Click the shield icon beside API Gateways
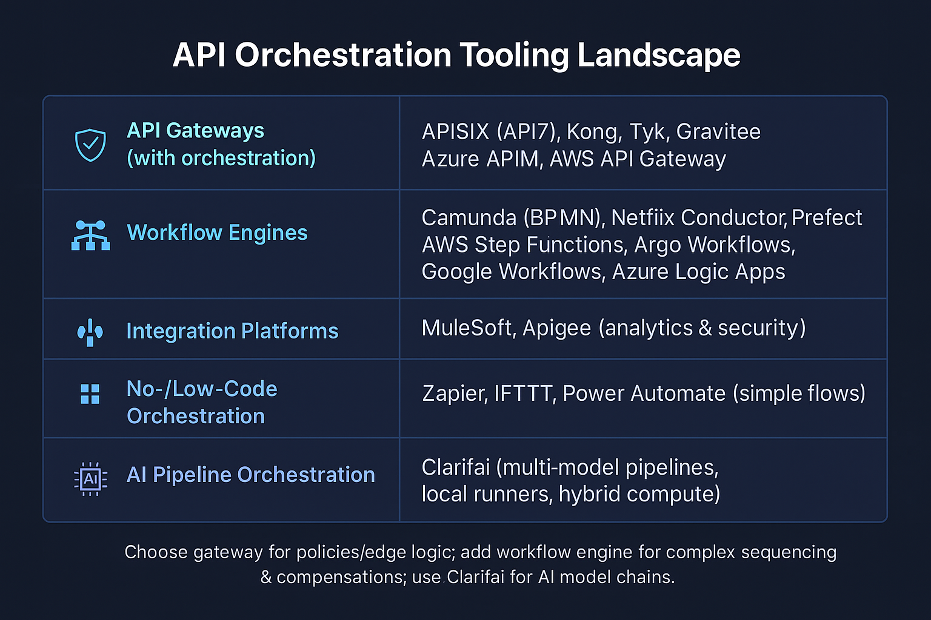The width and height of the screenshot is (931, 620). pos(90,145)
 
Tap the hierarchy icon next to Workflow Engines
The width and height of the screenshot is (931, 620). pos(90,235)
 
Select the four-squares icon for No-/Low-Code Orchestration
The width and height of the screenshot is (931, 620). pos(90,394)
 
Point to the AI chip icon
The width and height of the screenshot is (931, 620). pos(90,479)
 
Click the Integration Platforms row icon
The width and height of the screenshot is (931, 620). pos(90,332)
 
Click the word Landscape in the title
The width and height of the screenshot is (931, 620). pos(658,56)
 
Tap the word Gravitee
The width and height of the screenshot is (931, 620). pos(718,132)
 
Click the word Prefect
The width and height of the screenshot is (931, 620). pos(827,218)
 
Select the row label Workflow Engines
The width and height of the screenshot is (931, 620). pos(217,233)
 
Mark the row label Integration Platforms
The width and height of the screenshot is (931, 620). pos(232,331)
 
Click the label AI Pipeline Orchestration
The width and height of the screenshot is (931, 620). pos(250,475)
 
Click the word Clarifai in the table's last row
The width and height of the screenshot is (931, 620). pos(455,467)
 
